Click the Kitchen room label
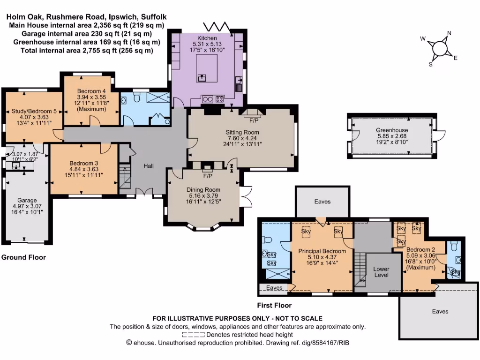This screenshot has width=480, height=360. pos(207,38)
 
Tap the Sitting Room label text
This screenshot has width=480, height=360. pos(243,133)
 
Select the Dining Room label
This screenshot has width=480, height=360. pos(204,190)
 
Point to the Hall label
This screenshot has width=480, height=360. pos(149,166)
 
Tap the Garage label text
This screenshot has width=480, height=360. pos(27,200)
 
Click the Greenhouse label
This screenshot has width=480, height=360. pos(392,130)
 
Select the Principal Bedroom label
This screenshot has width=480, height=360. pos(322,251)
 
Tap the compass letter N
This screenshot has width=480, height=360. pos(449,33)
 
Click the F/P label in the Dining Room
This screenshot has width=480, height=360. pos(208,176)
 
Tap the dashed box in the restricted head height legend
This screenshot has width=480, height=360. pos(193,335)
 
